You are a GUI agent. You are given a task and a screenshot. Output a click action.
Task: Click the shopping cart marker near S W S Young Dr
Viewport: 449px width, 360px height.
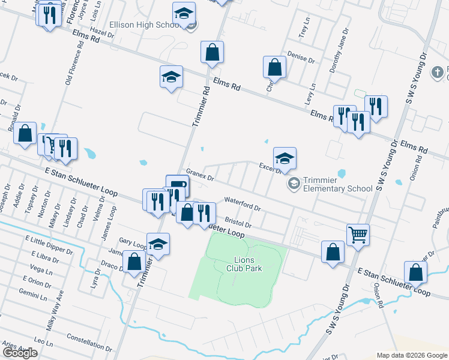(x=358, y=234)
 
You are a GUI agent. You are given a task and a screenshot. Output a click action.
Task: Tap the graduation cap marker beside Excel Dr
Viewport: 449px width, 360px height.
(x=285, y=158)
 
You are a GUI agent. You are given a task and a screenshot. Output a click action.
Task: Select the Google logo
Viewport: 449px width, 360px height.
(x=20, y=353)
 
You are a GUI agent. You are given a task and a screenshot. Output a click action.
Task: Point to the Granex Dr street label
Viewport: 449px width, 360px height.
(x=200, y=175)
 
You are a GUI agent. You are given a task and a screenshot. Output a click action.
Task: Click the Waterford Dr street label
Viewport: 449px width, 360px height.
(x=242, y=204)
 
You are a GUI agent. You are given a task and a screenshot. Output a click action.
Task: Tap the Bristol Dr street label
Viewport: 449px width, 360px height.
(x=238, y=221)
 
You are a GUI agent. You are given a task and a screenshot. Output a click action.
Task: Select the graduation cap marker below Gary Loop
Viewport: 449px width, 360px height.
(x=158, y=244)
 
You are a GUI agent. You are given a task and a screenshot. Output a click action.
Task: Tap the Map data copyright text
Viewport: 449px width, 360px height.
(x=411, y=355)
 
